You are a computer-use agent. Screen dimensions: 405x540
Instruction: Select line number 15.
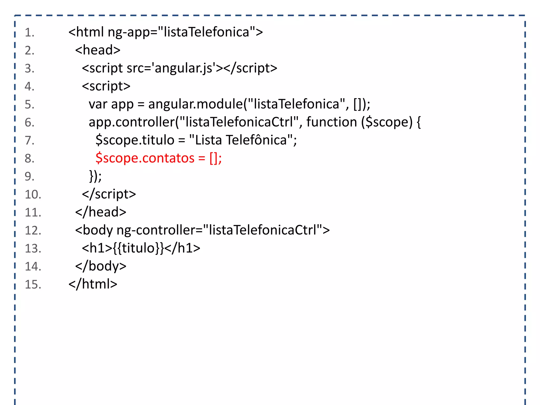coord(33,285)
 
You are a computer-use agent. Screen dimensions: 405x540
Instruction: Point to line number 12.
coord(33,230)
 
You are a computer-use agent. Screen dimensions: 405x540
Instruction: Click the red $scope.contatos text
coord(145,158)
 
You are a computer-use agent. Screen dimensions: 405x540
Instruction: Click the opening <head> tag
coord(98,50)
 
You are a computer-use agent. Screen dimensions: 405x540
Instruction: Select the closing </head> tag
coord(101,212)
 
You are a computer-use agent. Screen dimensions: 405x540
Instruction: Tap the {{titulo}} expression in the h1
coord(139,248)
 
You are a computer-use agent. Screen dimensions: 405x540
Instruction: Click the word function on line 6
coord(332,122)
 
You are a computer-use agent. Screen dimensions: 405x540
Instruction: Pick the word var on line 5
coord(98,104)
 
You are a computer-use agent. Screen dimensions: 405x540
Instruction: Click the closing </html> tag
coord(93,284)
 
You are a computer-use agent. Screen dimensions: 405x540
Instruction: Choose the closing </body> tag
coord(101,266)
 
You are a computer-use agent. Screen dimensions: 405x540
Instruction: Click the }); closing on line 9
coord(95,176)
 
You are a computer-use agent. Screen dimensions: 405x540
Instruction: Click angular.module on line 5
coord(195,104)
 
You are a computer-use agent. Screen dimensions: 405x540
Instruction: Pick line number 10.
coord(33,195)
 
